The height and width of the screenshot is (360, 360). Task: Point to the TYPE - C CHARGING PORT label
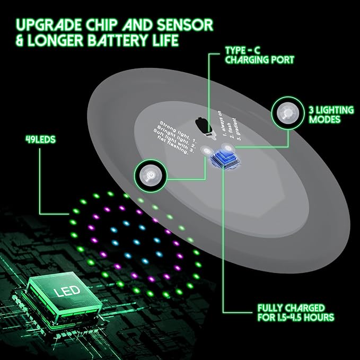click(x=258, y=55)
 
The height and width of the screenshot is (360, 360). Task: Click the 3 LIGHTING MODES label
click(x=331, y=115)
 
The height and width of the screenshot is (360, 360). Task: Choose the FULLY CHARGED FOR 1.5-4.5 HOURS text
click(x=295, y=312)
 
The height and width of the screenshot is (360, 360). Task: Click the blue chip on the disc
click(x=224, y=160)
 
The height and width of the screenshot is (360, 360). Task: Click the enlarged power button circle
click(x=150, y=174)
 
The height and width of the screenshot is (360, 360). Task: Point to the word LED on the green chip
click(x=66, y=291)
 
